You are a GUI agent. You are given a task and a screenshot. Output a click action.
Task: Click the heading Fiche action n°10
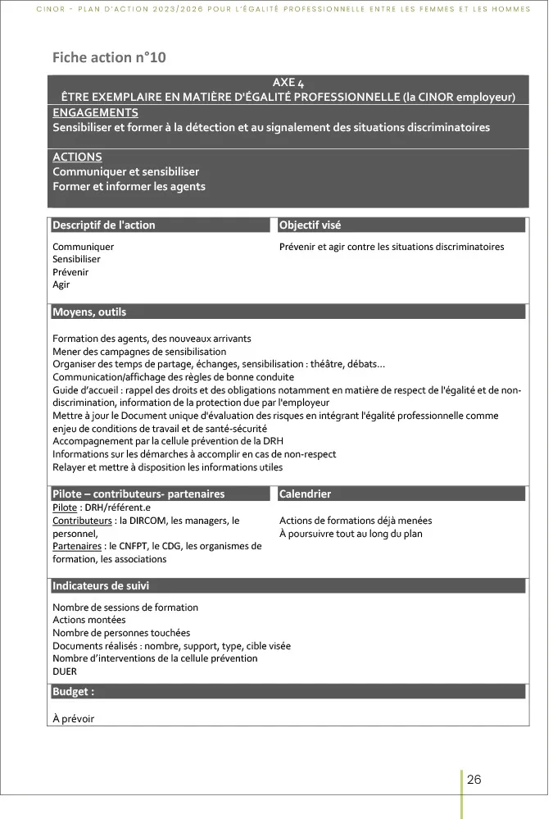(x=102, y=57)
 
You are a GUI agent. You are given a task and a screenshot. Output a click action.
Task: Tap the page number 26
(x=474, y=780)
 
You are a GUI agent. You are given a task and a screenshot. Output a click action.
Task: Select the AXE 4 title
(x=288, y=83)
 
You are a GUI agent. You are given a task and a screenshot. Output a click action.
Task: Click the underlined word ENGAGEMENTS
(x=95, y=112)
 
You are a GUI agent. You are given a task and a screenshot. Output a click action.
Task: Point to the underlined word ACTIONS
(x=77, y=157)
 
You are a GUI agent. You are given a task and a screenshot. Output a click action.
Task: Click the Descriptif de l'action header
(x=104, y=225)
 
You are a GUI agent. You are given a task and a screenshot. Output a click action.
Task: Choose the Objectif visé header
(x=310, y=225)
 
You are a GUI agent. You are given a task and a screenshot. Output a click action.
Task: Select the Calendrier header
(x=306, y=494)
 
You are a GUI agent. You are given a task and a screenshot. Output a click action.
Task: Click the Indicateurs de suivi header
(x=101, y=585)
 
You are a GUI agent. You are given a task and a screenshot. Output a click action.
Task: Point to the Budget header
(x=74, y=691)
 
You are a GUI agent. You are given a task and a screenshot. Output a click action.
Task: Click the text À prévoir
(x=74, y=718)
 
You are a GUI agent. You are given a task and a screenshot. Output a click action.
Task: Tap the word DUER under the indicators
(x=65, y=671)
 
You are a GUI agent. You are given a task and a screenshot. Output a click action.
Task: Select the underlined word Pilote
(x=65, y=508)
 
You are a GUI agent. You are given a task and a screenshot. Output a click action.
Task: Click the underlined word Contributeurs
(x=82, y=521)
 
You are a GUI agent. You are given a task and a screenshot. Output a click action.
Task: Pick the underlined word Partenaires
(x=77, y=546)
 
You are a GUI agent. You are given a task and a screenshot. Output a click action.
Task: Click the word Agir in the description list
(x=61, y=284)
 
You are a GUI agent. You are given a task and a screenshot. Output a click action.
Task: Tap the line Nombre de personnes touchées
(x=121, y=632)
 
